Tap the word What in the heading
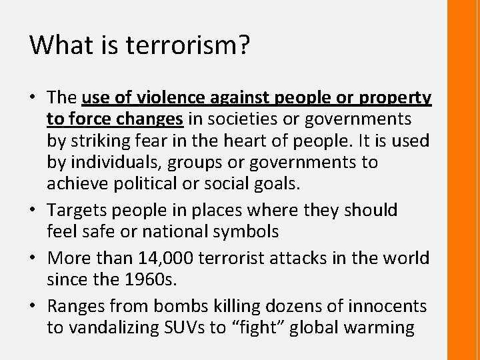(x=55, y=45)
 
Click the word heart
(x=254, y=141)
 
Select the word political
(x=151, y=183)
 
